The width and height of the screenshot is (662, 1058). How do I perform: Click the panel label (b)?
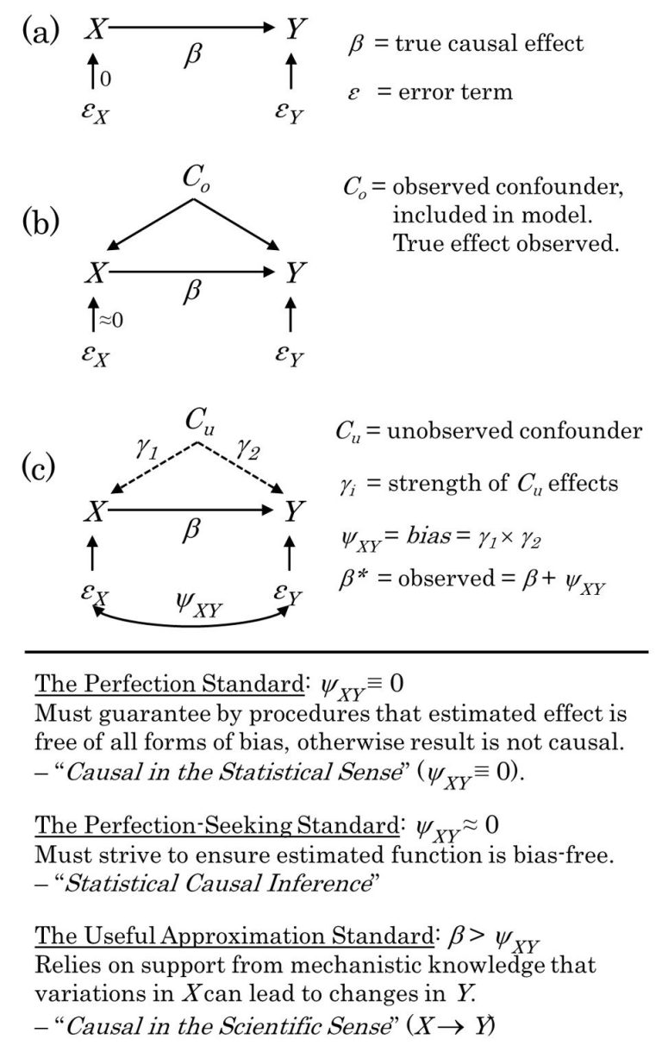pos(42,222)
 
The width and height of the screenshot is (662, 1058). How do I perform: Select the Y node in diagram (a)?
pos(296,31)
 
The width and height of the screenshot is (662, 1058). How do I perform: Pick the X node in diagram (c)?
pos(95,513)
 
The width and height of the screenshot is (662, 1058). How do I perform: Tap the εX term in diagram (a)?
pos(95,113)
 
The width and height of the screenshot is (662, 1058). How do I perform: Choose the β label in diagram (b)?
pos(193,291)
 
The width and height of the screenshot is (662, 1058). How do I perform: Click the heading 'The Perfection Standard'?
pos(166,686)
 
